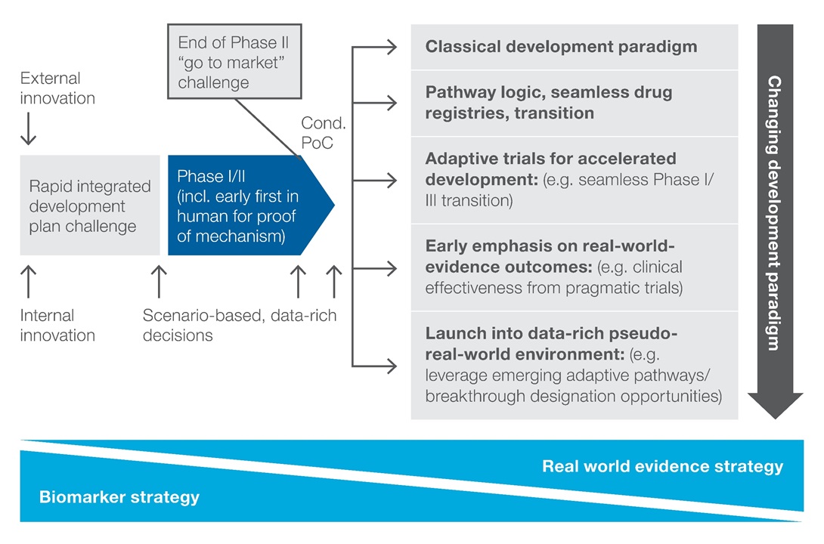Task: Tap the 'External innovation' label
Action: (x=57, y=88)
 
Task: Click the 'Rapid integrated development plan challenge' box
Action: (x=90, y=206)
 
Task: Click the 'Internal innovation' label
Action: (x=57, y=326)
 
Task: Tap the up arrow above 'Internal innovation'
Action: (x=28, y=281)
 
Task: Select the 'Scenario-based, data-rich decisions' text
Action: (x=239, y=326)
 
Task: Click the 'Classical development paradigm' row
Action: (x=561, y=47)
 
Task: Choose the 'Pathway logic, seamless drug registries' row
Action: (x=548, y=103)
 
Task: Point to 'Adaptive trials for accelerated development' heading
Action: (x=550, y=170)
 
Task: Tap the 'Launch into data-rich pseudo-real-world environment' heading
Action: (x=551, y=343)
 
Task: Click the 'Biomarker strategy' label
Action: (x=119, y=496)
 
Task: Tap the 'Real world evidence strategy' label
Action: (x=662, y=466)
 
